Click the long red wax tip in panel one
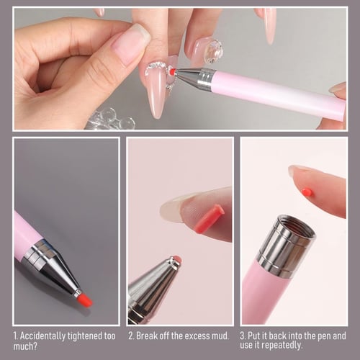84,299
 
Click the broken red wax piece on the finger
208,219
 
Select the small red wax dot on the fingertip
307,192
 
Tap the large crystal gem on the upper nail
212,50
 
